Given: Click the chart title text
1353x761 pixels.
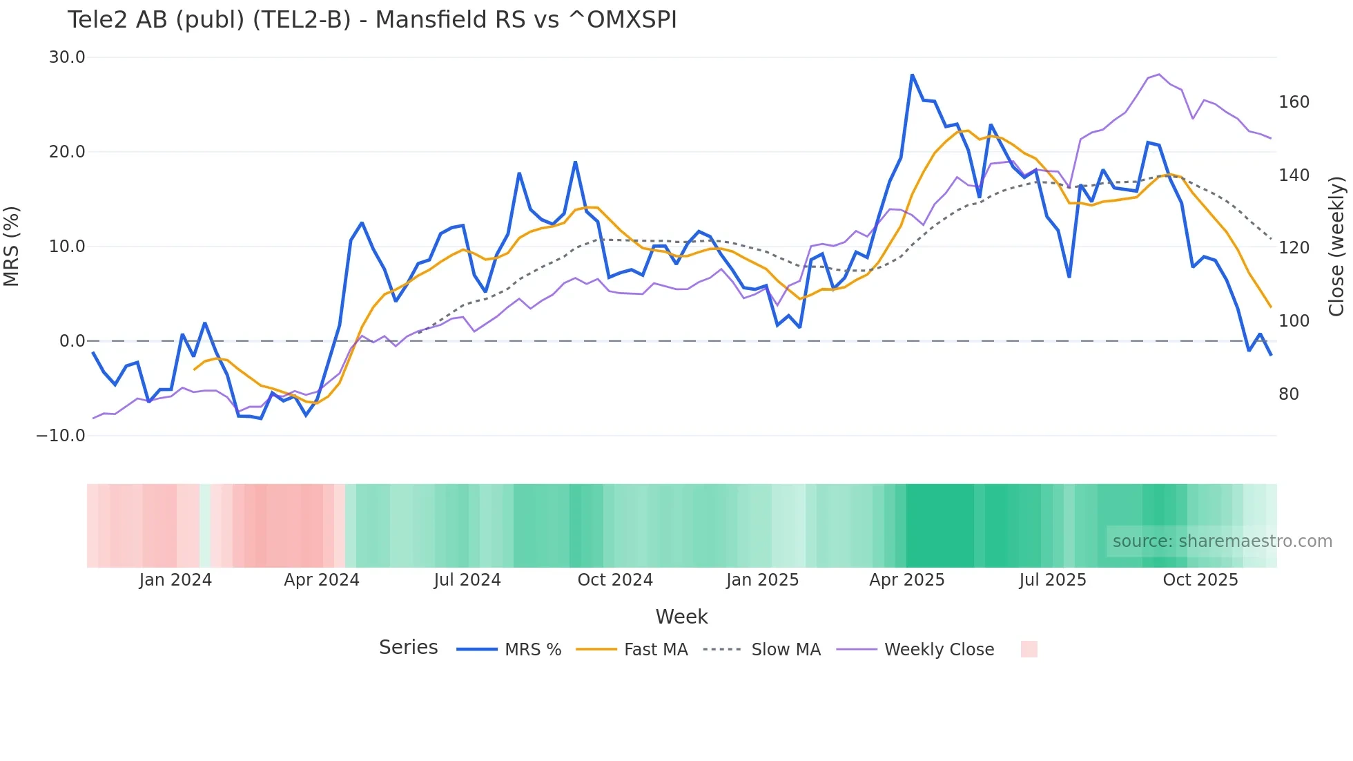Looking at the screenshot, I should pos(372,20).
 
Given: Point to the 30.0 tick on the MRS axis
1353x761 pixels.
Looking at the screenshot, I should pos(67,57).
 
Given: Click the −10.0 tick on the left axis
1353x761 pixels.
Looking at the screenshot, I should pos(61,436).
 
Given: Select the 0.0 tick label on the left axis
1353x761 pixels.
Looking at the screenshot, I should pos(72,341).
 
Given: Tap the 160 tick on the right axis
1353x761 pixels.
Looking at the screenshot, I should pos(1294,102).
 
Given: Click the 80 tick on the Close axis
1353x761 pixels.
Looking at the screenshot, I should pos(1289,394).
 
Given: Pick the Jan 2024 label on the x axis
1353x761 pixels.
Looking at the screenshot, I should pos(175,580).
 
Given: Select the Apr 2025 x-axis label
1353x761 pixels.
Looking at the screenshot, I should pos(906,580).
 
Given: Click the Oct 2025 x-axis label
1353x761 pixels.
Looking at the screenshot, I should pos(1200,580).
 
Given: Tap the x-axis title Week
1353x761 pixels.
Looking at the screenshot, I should pos(681,617).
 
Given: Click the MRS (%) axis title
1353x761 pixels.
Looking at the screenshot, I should pos(12,247).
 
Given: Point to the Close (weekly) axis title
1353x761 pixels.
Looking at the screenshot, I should pos(1336,247).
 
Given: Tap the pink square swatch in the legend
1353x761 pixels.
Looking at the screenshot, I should pos(1029,649).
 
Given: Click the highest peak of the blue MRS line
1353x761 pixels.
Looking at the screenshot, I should pos(912,75).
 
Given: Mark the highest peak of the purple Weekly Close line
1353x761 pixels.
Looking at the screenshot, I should pos(1159,75).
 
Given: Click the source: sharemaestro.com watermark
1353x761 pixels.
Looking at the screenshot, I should pos(1222,541).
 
